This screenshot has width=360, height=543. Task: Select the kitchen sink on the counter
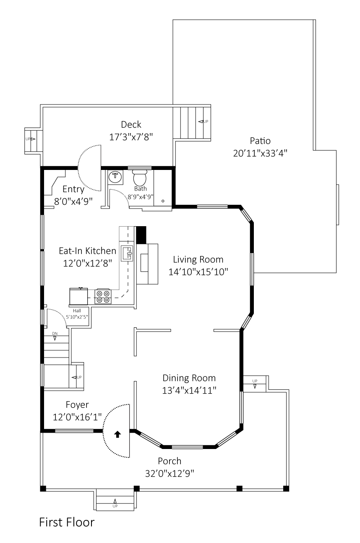(127, 254)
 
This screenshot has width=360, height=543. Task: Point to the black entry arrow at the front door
(117, 434)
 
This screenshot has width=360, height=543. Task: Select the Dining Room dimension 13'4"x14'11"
(189, 390)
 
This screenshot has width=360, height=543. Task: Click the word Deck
(131, 125)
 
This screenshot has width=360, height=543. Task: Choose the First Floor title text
(67, 522)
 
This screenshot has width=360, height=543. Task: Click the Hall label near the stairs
(77, 311)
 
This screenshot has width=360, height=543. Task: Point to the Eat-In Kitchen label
(87, 251)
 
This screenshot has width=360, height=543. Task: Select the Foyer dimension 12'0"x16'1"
(77, 417)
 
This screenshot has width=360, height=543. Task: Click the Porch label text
(170, 461)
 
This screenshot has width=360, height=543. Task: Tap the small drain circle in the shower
(163, 201)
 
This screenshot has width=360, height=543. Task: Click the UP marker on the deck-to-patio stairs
(203, 122)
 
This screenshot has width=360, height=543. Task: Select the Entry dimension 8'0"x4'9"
(73, 201)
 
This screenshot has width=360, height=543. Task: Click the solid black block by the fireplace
(141, 235)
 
